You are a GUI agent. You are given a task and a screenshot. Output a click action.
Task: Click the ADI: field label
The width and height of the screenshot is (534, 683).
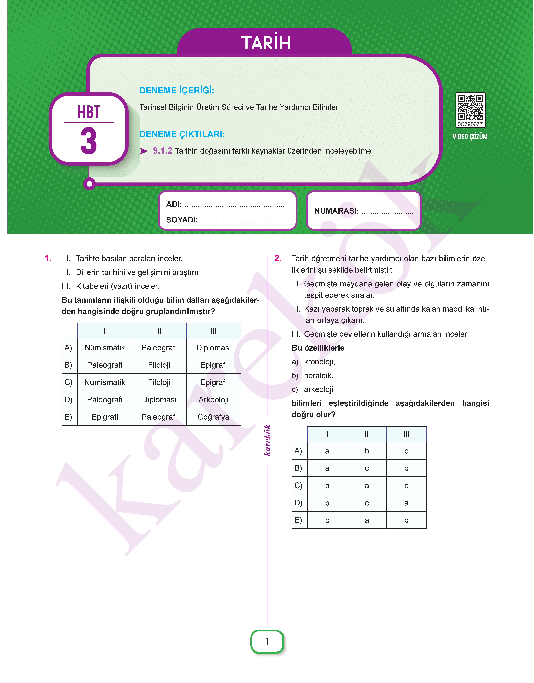[x=174, y=204]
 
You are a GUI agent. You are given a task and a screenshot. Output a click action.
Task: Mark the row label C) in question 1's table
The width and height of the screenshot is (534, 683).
[x=68, y=382]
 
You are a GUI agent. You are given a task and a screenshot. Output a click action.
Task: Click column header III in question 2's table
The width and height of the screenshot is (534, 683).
[x=406, y=434]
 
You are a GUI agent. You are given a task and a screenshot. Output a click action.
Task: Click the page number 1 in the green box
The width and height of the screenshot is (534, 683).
[x=267, y=642]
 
